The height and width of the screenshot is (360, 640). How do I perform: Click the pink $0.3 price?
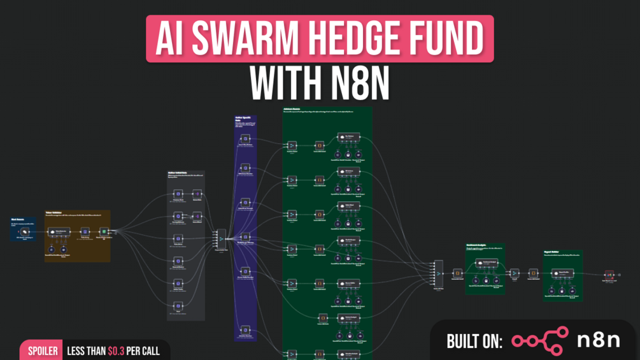point(117,351)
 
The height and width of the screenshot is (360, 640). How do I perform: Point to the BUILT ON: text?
point(474,342)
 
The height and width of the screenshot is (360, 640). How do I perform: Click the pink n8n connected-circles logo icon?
point(540,341)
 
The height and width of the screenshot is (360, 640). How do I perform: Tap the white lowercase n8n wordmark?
point(598,340)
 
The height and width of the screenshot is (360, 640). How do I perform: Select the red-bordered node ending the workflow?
point(609,275)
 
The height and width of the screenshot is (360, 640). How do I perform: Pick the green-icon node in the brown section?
point(104,233)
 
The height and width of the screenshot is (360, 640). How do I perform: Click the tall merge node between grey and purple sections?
point(221,239)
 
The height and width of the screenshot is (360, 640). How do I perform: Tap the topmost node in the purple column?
point(245,138)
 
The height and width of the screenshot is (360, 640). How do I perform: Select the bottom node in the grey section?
point(178,306)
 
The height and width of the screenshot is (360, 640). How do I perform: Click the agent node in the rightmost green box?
point(563,273)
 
